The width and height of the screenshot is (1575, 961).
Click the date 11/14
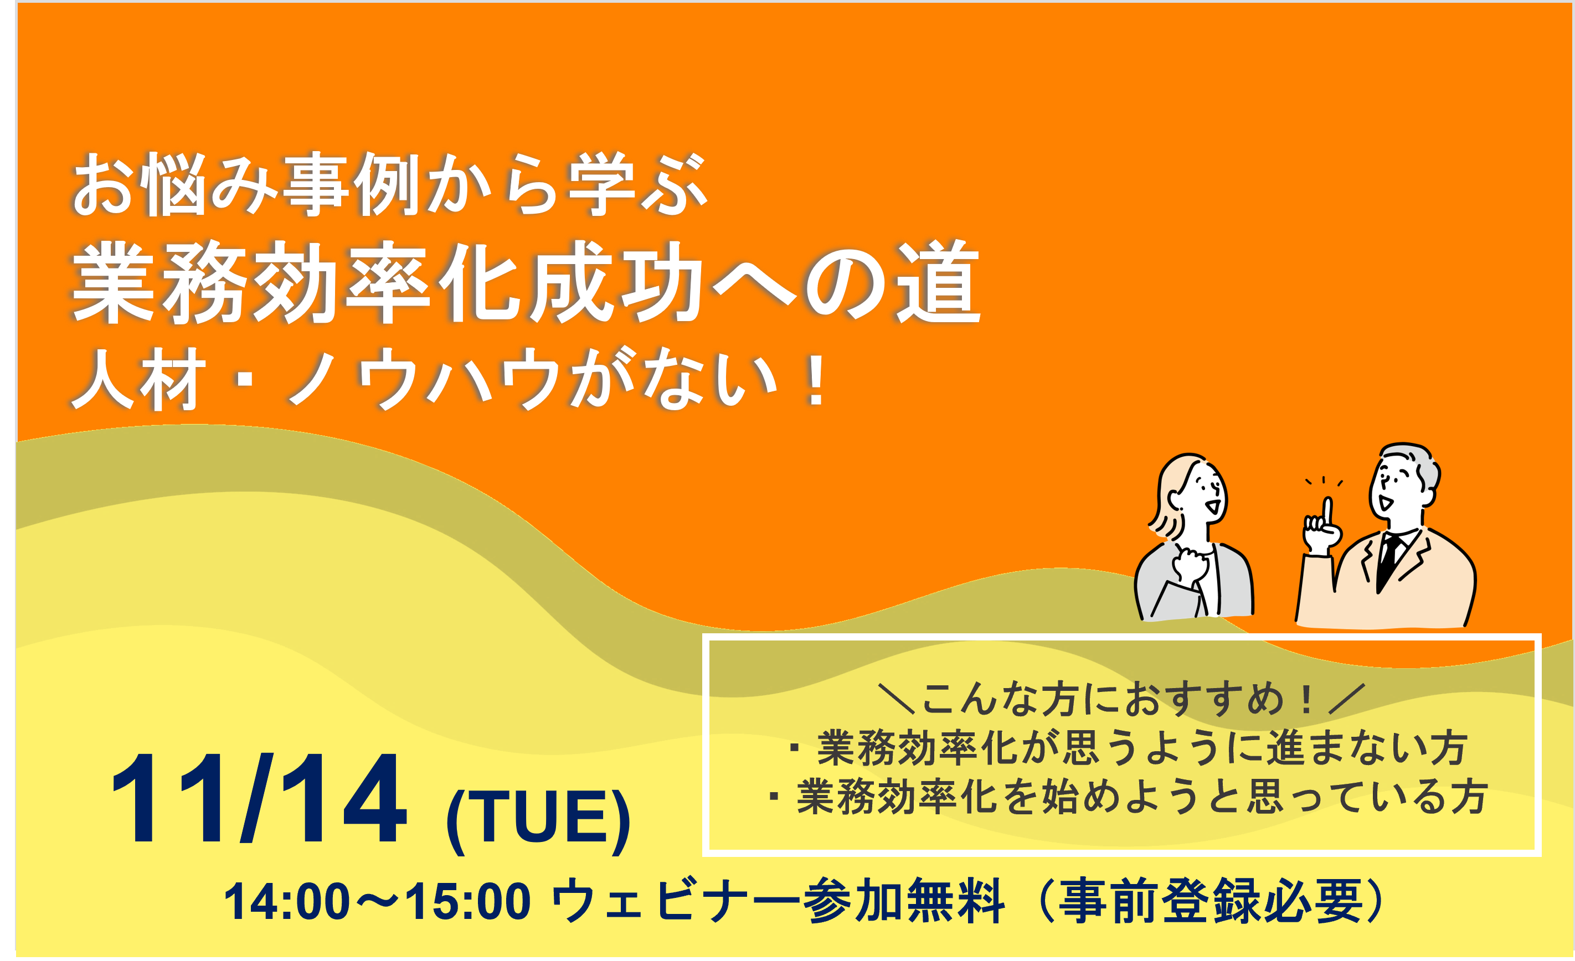[259, 799]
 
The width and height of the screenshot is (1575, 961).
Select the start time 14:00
[287, 902]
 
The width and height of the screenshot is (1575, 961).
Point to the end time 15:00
[467, 902]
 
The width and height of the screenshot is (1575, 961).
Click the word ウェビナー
[675, 901]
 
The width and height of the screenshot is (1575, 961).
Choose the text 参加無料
[903, 901]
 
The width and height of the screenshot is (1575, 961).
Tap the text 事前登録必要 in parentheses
[1211, 901]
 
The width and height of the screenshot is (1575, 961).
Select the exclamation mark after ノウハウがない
[816, 381]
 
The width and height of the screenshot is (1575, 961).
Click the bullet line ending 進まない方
[1128, 747]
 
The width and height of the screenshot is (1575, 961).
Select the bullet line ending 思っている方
[1128, 797]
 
